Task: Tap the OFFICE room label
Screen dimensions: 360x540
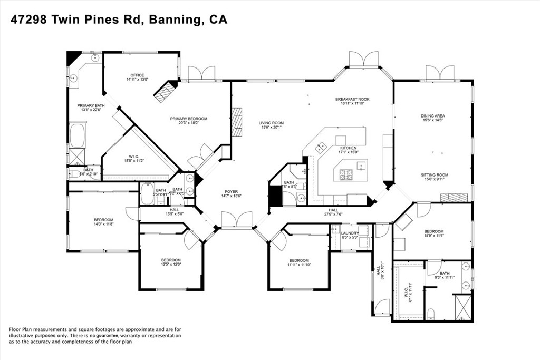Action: coord(137,75)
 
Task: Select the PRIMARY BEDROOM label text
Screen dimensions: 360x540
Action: coord(188,119)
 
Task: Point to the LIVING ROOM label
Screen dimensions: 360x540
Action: coord(271,123)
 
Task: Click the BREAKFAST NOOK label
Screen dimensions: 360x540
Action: coord(352,99)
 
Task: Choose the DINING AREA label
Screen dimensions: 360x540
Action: coord(432,116)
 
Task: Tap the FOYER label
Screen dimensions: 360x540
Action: coord(231,192)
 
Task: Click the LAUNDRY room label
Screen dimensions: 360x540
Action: coord(350,233)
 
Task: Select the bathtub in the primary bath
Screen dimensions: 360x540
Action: coord(78,135)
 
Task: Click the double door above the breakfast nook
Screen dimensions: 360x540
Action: coord(363,59)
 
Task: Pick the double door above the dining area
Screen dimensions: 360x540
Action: coord(440,72)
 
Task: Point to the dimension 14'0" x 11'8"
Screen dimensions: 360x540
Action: coord(103,224)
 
